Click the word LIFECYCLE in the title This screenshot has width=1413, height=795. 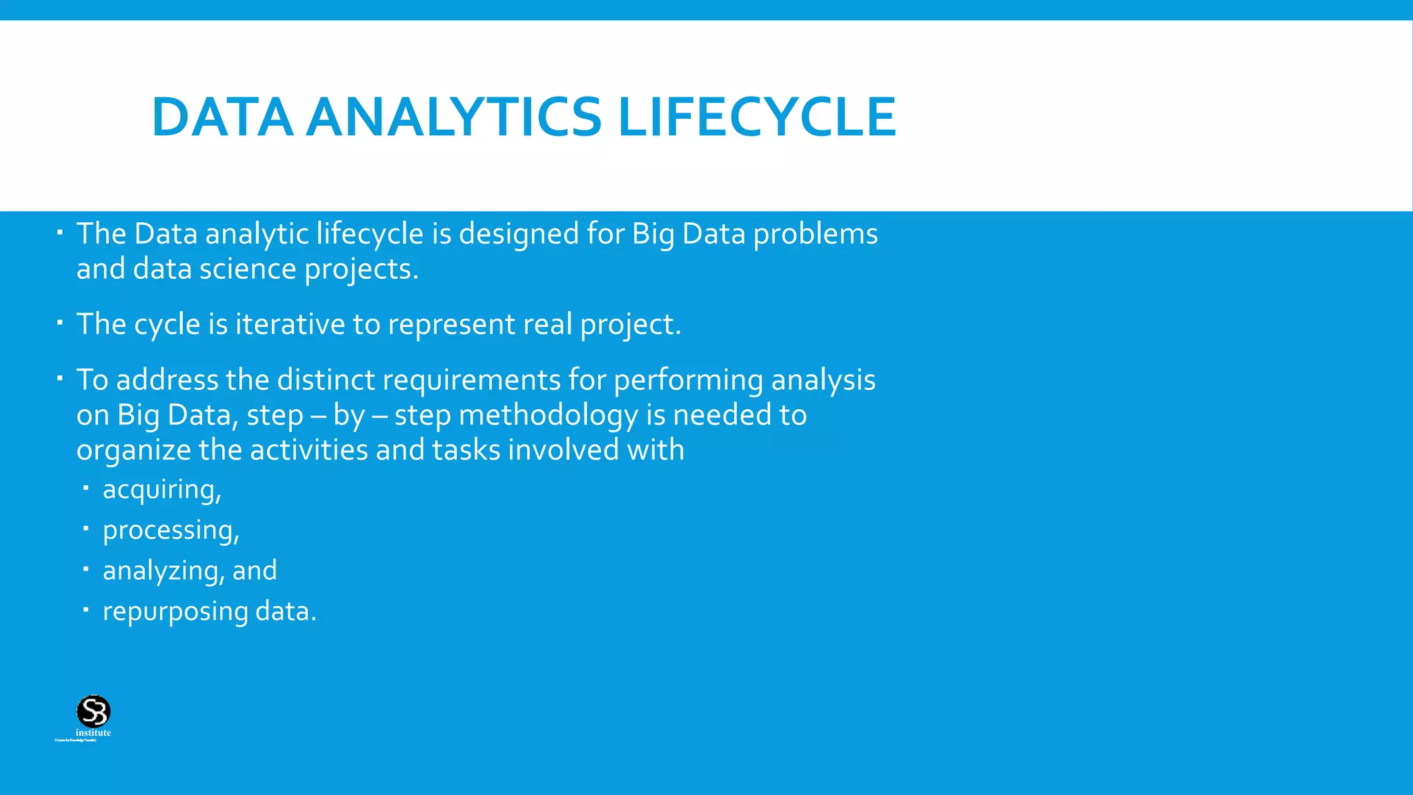(x=757, y=117)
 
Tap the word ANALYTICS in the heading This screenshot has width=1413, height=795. (x=453, y=117)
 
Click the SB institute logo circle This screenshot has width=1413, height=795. (x=93, y=711)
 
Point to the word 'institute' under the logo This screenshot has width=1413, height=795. (x=93, y=733)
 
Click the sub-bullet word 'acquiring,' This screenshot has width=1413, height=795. (x=161, y=490)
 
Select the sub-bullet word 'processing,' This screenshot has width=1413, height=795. (x=170, y=531)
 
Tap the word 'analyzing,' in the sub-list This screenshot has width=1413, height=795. (x=164, y=571)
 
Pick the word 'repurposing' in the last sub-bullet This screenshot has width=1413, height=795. (x=175, y=612)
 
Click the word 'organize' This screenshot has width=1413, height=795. (x=133, y=451)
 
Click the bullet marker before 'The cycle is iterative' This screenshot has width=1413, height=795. (x=60, y=322)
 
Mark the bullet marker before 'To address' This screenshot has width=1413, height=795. (x=60, y=377)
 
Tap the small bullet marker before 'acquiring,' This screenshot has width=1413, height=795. (x=86, y=488)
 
